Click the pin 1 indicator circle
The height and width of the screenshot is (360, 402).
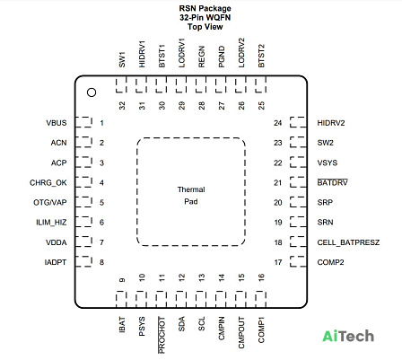[92, 92]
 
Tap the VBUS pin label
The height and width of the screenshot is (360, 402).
[57, 123]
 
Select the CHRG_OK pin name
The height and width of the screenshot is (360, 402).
[48, 183]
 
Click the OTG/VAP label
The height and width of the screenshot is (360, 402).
[50, 203]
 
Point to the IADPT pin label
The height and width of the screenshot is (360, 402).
[56, 262]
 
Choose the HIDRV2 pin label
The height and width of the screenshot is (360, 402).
[331, 123]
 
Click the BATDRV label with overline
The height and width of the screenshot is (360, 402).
[332, 182]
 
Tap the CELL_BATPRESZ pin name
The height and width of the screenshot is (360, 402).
[348, 242]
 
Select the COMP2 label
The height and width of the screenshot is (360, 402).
[330, 262]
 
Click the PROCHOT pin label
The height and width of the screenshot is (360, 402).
[162, 335]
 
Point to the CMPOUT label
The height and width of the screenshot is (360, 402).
[241, 332]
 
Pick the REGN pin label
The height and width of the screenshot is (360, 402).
[202, 57]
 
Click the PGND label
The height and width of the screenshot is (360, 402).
[222, 57]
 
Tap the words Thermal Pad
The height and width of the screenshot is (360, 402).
[191, 196]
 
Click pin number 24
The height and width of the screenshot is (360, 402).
[278, 123]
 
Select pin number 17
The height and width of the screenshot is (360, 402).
[278, 262]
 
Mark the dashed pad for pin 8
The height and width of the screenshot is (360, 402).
[83, 261]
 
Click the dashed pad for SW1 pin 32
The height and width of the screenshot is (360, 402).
[121, 84]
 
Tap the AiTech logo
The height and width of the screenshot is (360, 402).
[348, 336]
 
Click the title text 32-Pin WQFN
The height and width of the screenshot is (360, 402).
[205, 18]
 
